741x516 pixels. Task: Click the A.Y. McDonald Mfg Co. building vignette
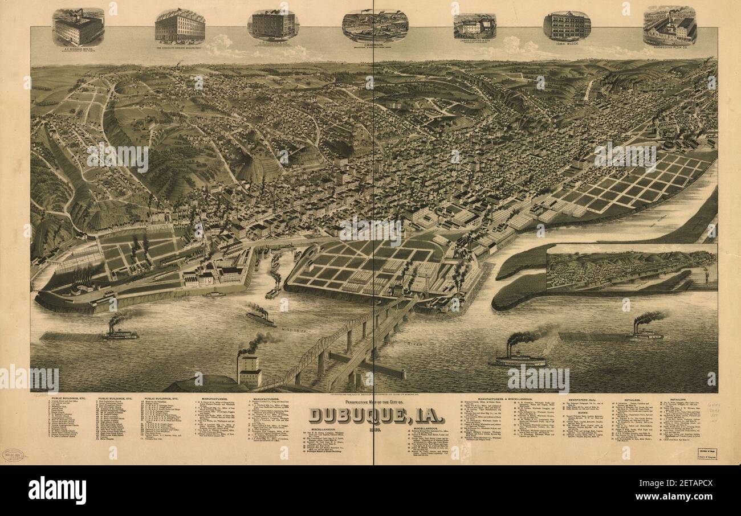pyautogui.click(x=78, y=28)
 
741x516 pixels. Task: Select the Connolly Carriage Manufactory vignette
pyautogui.click(x=180, y=26)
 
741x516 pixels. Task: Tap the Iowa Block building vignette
pyautogui.click(x=566, y=26)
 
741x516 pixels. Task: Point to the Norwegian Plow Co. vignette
pyautogui.click(x=669, y=26)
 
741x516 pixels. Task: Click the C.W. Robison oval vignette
pyautogui.click(x=374, y=26)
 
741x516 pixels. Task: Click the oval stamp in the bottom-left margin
pyautogui.click(x=14, y=455)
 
